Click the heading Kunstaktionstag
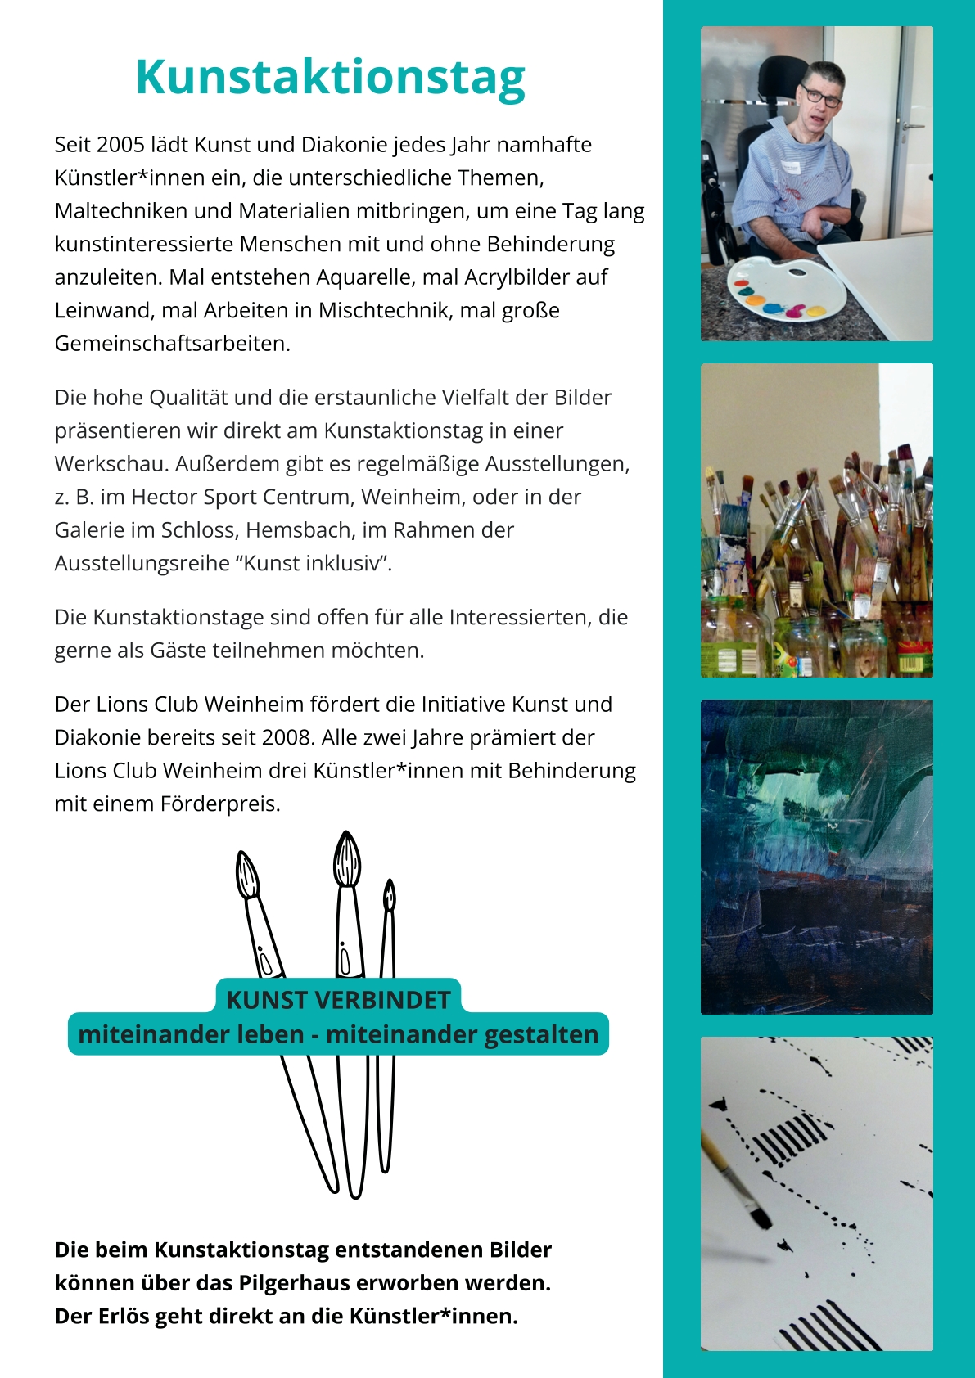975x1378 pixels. [330, 78]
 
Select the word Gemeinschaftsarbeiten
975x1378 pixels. [173, 344]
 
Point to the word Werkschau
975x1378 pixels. [111, 464]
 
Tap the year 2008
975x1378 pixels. [287, 738]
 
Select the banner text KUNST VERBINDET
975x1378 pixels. [338, 1000]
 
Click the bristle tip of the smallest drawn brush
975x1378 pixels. [390, 886]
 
